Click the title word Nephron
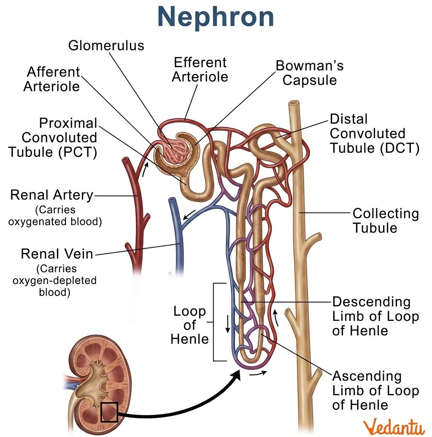[216, 17]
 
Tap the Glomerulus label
[106, 46]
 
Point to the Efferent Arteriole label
[200, 70]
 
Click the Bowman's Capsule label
[310, 73]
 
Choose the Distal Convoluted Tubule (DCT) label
[375, 133]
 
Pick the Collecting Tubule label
[386, 220]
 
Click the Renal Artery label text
[51, 195]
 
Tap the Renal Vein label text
[57, 254]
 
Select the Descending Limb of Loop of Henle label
[375, 316]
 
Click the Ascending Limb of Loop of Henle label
[375, 390]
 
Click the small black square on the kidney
[109, 412]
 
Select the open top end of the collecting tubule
[294, 103]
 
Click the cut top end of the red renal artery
[125, 160]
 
